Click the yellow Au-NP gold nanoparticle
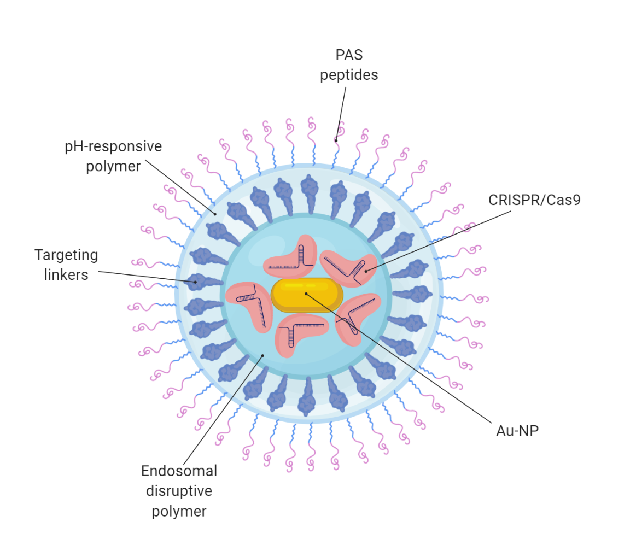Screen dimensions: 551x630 coord(307,295)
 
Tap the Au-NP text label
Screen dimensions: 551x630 coord(517,430)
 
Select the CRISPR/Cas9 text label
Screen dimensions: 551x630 coord(534,200)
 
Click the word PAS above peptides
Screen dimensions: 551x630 coord(349,55)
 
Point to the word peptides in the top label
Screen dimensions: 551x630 coord(349,74)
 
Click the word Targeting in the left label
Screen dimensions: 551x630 coord(66,255)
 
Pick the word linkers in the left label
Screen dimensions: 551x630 coord(66,274)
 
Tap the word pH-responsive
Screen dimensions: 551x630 coord(113,146)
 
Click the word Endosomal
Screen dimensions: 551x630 coord(179,471)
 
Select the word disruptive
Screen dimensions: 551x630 coord(179,491)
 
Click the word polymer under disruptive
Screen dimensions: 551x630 coord(179,511)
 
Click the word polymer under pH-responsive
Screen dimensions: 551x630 coord(113,166)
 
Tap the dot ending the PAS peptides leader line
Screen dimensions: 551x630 coord(336,140)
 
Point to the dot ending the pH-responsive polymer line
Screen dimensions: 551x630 coord(215,214)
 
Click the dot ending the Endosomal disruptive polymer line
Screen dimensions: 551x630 coord(262,355)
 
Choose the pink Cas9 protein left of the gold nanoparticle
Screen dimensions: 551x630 coord(249,305)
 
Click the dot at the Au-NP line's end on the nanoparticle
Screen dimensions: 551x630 coord(306,294)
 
